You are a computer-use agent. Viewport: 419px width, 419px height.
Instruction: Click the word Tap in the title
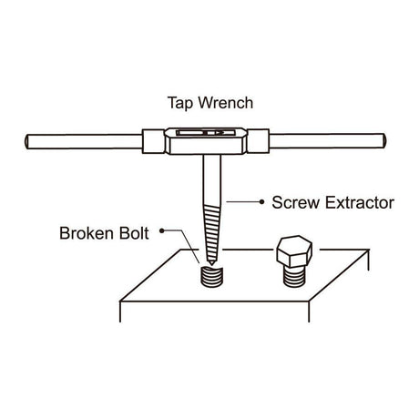click(179, 104)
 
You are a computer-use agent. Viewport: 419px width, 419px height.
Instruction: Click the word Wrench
click(226, 103)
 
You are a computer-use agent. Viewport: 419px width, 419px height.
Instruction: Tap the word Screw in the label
click(295, 202)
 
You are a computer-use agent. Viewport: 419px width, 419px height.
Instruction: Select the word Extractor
click(360, 202)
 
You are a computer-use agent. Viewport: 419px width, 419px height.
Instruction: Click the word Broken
click(87, 233)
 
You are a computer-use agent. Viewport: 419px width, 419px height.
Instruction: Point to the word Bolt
click(134, 233)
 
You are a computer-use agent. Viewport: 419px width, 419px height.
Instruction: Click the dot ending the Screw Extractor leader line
click(261, 201)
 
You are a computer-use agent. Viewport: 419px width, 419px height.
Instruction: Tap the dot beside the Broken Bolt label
click(162, 231)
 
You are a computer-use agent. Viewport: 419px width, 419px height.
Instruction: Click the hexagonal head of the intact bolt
click(294, 251)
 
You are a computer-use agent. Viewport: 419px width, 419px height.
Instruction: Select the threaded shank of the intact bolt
click(294, 276)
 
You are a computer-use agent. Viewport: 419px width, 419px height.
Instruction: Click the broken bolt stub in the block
click(211, 276)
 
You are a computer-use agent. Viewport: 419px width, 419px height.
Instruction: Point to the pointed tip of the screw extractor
click(210, 263)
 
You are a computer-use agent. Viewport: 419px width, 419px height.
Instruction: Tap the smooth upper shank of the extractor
click(212, 179)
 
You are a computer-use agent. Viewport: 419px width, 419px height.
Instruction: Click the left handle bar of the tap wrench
click(84, 141)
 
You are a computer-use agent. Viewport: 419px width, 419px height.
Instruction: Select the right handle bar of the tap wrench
click(328, 141)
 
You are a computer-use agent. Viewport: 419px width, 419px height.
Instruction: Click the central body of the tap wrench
click(206, 141)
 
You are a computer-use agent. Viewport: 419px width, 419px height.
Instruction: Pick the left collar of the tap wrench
click(154, 141)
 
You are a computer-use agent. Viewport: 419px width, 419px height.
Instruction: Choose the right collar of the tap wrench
click(258, 141)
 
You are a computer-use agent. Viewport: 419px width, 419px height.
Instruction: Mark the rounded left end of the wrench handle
click(27, 142)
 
